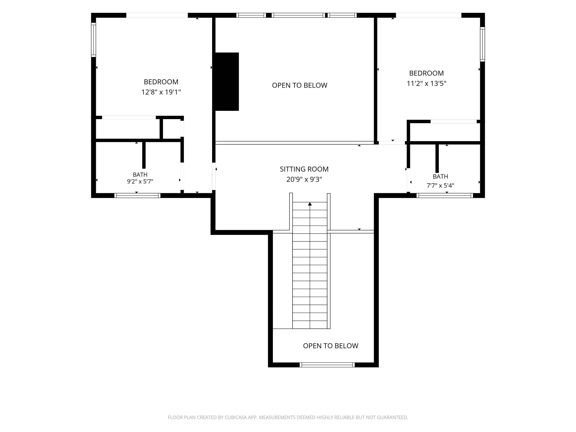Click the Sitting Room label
pos(304,169)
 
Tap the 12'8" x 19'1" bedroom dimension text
pos(161,92)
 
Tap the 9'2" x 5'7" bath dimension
pos(140,181)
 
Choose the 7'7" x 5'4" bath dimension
pos(440,186)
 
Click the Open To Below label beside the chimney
pos(299,85)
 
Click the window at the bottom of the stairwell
pos(327,365)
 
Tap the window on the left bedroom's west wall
pos(94,40)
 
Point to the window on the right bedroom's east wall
pos(482,44)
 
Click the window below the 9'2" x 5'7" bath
pos(137,196)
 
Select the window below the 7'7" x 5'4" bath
pos(445,196)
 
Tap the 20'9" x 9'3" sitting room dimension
pos(304,179)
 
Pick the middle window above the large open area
pos(298,15)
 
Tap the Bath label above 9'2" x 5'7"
pos(140,174)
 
